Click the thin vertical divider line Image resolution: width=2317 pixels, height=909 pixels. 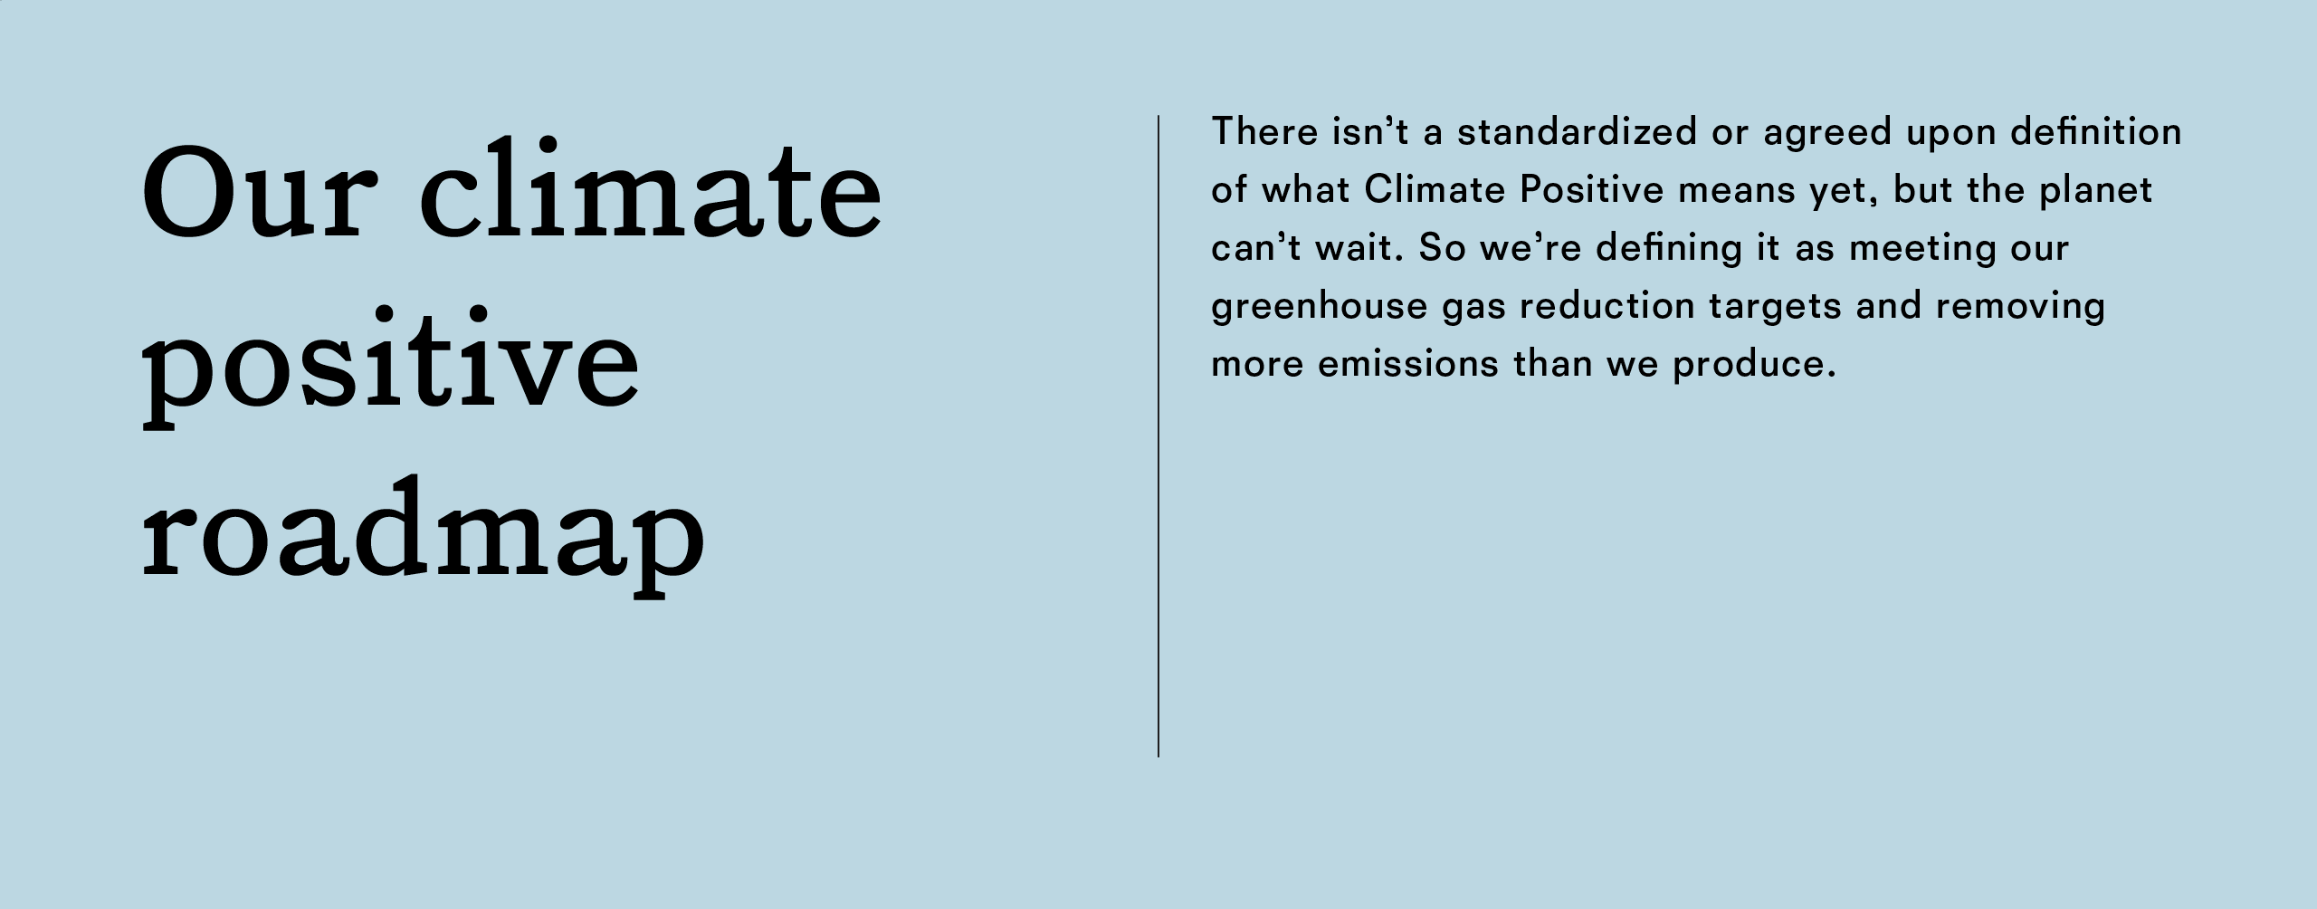1158,435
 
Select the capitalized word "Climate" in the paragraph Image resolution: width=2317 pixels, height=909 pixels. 1433,190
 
